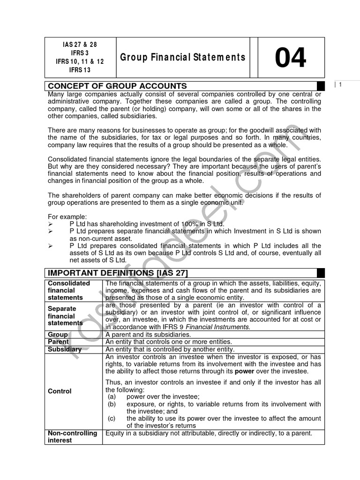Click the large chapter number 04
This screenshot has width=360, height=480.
click(x=291, y=58)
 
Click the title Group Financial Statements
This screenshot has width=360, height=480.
click(x=183, y=58)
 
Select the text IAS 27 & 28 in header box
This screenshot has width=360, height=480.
click(x=80, y=45)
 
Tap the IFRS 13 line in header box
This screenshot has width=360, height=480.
click(x=80, y=70)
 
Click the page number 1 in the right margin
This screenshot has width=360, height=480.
click(x=340, y=84)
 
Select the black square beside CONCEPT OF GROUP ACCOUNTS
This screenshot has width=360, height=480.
click(x=321, y=86)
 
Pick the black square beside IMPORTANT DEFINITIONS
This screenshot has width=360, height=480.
click(x=321, y=273)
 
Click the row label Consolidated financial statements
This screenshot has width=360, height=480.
click(x=69, y=290)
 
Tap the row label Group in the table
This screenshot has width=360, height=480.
click(x=58, y=334)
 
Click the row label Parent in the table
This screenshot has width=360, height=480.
click(x=59, y=342)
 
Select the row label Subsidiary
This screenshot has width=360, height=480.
click(x=65, y=349)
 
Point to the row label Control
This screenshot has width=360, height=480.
click(x=60, y=391)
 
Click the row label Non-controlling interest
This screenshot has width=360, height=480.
click(x=73, y=437)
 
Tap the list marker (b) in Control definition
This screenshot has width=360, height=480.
click(x=112, y=404)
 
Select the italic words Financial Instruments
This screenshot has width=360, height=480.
click(x=224, y=326)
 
